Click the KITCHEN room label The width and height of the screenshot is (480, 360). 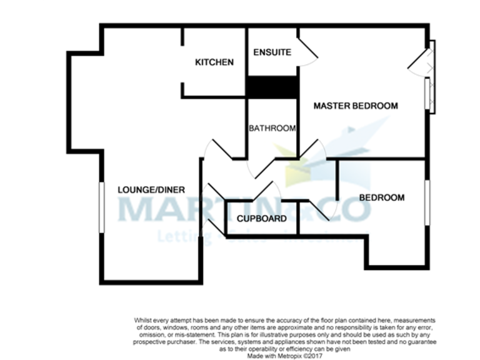[214, 62]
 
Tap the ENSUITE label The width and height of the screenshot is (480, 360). [272, 52]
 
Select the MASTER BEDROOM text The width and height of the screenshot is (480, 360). [356, 106]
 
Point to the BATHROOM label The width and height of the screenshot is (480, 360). [272, 129]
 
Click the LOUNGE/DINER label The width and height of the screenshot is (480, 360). [151, 189]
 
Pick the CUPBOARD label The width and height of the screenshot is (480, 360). [262, 219]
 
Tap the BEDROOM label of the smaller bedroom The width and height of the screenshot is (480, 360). [381, 197]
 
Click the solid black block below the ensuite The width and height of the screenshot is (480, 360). [272, 87]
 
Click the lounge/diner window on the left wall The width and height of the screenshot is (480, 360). [101, 207]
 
